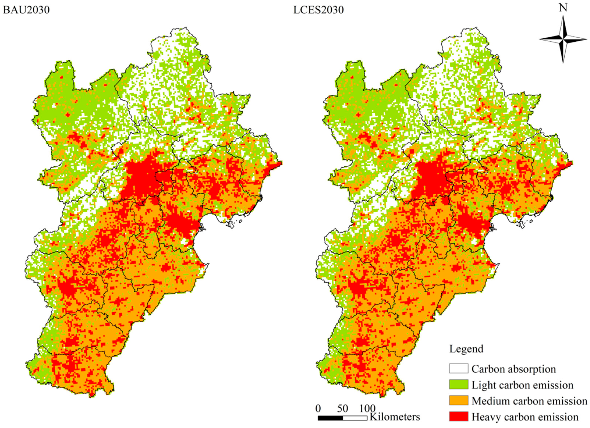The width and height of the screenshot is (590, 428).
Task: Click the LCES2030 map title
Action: click(318, 10)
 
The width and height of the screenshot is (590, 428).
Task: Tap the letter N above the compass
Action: click(563, 8)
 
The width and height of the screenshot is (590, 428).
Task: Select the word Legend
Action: click(466, 349)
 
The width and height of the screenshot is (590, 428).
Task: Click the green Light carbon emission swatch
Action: click(458, 385)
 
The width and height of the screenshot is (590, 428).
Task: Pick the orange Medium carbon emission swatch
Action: click(458, 401)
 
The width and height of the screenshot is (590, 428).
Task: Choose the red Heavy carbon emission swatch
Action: click(458, 417)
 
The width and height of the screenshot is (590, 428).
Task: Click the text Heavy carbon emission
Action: click(525, 417)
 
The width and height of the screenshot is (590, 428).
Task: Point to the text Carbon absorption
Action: click(513, 369)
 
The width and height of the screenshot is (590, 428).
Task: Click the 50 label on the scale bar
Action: click(343, 409)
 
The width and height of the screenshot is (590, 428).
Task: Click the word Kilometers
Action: click(395, 417)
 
